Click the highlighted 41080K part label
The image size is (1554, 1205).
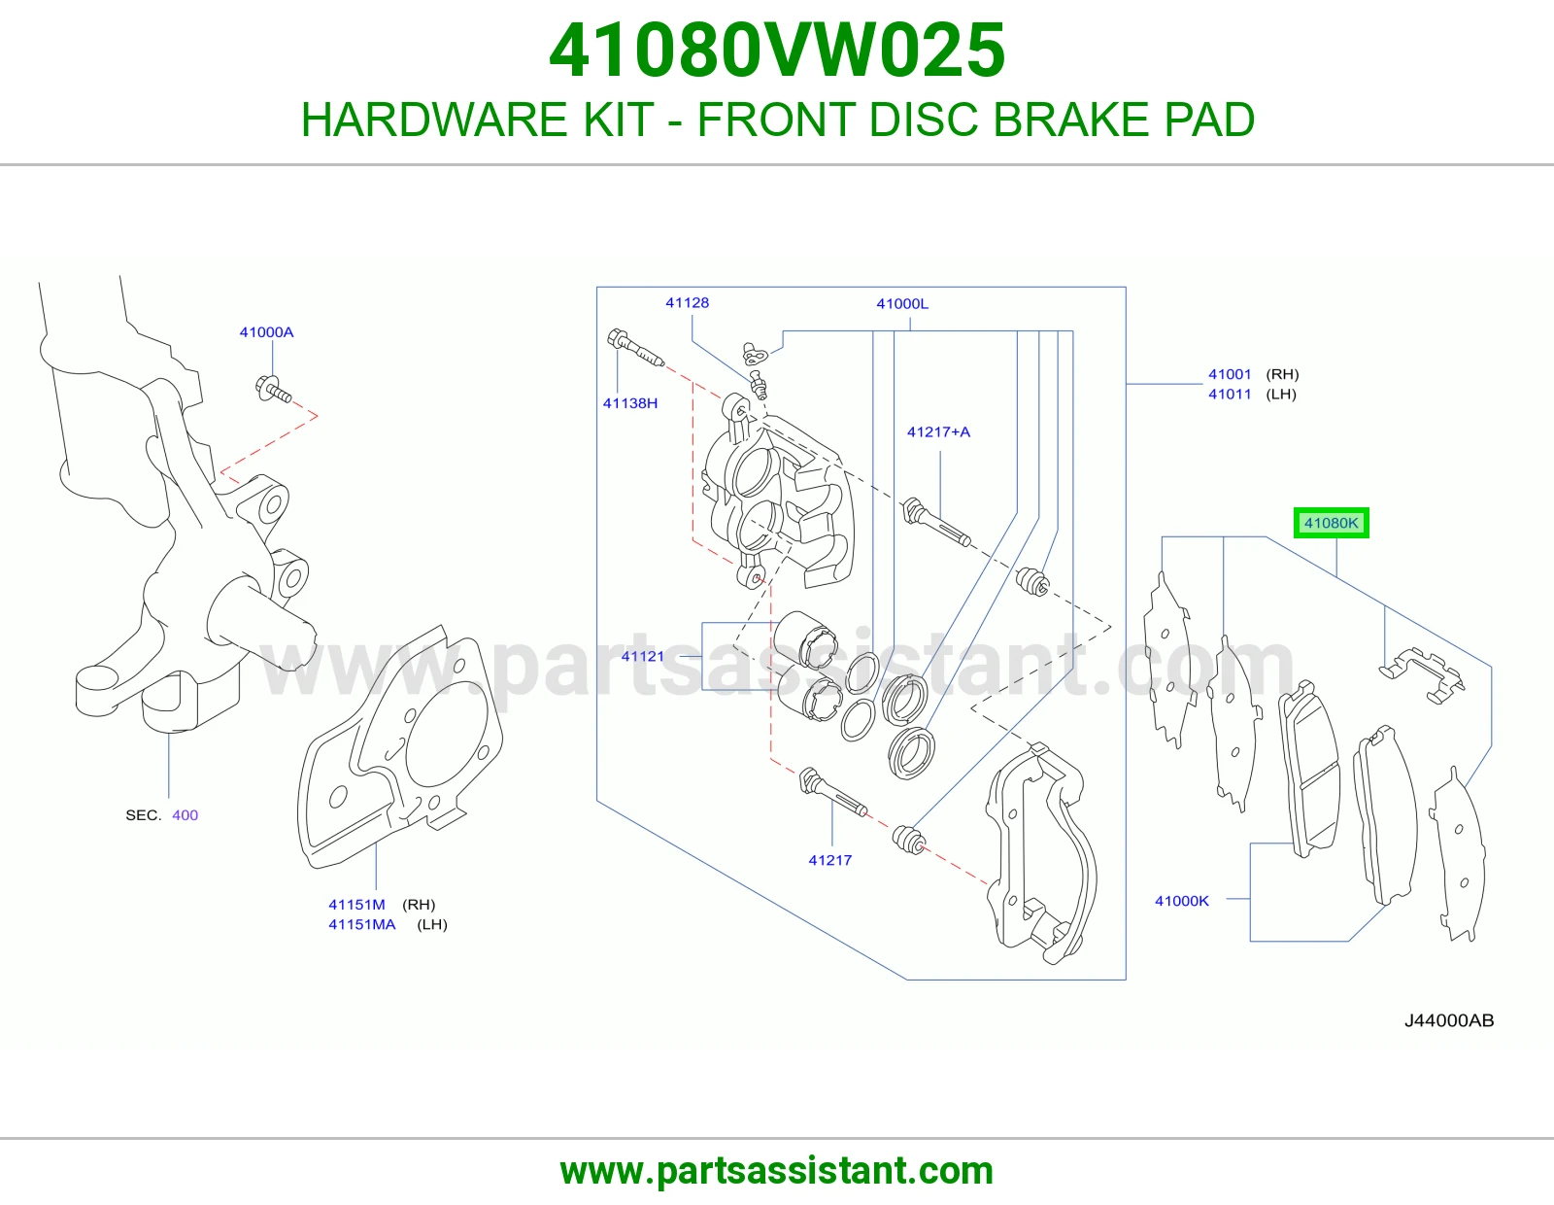tap(1331, 523)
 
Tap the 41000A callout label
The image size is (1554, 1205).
tap(266, 332)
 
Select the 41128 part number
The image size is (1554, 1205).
tap(688, 302)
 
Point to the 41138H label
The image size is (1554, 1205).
tap(630, 403)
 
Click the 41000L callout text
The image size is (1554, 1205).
tap(902, 303)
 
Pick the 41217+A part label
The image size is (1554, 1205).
tap(938, 431)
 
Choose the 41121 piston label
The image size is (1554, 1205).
tap(642, 656)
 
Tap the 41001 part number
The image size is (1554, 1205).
tap(1230, 374)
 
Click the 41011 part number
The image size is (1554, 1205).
tap(1230, 395)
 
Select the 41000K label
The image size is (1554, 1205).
tap(1182, 901)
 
